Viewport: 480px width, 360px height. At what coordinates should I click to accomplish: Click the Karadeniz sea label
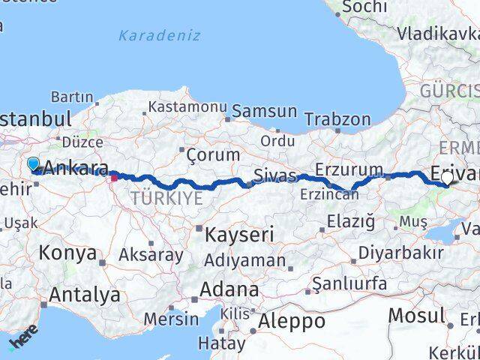(x=159, y=35)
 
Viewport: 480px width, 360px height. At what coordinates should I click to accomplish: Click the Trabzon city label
(x=338, y=119)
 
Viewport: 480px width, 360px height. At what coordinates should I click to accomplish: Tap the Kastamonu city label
(x=187, y=106)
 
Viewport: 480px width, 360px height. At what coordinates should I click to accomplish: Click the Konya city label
(x=67, y=253)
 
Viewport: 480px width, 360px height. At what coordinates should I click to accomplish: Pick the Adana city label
(x=230, y=289)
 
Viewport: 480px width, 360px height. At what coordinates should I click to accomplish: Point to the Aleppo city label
(x=291, y=321)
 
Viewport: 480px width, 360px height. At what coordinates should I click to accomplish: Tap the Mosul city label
(x=417, y=316)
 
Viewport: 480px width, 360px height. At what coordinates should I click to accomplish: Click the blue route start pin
(x=33, y=163)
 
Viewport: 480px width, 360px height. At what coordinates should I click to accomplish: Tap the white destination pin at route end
(x=448, y=178)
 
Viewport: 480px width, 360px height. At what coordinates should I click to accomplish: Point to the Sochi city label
(x=364, y=7)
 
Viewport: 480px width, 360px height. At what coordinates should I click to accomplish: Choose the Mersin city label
(x=171, y=319)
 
